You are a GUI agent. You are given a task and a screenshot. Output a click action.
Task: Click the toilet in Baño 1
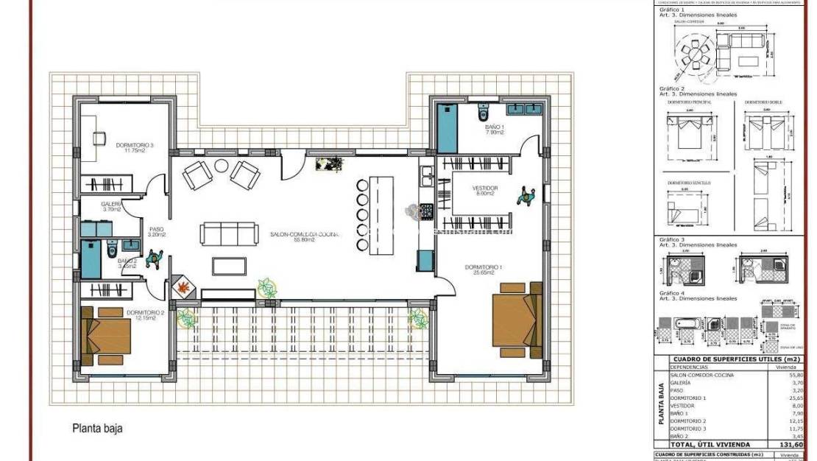point(483,114)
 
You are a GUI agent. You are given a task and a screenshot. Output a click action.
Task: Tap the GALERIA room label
point(111,206)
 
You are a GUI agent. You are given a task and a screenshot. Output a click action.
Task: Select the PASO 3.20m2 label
point(158,232)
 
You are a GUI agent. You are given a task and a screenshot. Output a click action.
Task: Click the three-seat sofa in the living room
point(229,234)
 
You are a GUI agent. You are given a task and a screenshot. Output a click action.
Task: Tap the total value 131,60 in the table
point(791,445)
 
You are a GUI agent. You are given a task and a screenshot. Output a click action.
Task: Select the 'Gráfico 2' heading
point(671,89)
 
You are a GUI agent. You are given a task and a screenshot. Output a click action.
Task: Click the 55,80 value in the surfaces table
point(794,375)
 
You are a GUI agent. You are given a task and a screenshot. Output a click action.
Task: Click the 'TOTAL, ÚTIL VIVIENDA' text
point(710,445)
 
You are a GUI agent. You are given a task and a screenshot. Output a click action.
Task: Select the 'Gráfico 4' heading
point(671,293)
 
